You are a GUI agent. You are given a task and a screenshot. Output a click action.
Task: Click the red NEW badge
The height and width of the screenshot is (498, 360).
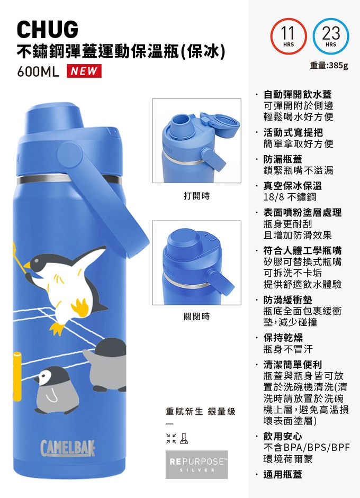click(84, 71)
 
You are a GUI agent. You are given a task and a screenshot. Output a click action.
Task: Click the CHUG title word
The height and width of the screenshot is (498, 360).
click(47, 30)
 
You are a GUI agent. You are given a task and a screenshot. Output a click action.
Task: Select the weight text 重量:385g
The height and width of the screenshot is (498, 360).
click(329, 66)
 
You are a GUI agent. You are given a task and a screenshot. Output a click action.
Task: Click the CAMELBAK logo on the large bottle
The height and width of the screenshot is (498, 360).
click(68, 448)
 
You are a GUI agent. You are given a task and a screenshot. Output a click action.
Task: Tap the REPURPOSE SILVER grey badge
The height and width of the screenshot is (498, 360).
click(197, 464)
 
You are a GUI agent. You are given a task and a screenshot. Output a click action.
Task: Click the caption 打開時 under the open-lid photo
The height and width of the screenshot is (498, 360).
click(197, 196)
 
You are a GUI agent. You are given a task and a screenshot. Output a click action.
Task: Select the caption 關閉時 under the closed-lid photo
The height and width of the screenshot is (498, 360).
click(197, 316)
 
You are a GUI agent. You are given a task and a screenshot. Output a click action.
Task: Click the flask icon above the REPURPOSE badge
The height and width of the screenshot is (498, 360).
click(184, 439)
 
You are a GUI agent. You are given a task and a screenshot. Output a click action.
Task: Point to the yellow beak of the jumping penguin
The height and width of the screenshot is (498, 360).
click(28, 265)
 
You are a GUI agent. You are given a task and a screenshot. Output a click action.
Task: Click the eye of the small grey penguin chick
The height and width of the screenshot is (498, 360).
click(45, 377)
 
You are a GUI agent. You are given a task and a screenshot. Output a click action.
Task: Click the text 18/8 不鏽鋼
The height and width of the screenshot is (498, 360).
click(290, 197)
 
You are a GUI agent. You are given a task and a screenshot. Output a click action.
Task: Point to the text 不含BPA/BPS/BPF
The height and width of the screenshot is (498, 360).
click(307, 448)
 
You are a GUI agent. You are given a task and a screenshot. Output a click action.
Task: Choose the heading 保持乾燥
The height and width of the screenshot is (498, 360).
click(283, 338)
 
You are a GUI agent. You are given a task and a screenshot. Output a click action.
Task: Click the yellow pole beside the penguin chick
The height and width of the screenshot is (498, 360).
click(17, 376)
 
